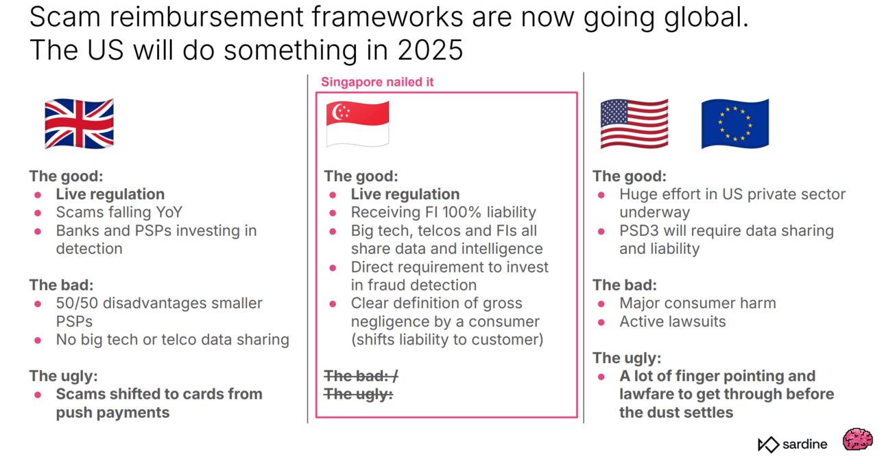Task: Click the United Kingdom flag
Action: pos(79,124)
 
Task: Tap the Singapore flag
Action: pos(357,124)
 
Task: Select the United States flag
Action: pos(634,124)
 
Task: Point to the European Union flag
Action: pos(735,124)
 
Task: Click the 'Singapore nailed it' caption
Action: pos(377,82)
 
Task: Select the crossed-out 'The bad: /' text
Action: pos(361,375)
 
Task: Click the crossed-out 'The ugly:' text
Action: pos(359,394)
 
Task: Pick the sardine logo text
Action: pos(804,444)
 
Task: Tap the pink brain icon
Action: pos(857,439)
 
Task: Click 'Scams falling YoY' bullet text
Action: pos(119,213)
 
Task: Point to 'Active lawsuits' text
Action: pos(673,321)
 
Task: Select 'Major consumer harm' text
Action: pos(697,303)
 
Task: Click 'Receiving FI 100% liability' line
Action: pos(444,213)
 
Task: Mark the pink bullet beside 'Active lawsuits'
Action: pos(601,323)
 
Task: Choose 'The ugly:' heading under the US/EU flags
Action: pos(627,358)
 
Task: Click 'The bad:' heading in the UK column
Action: pos(61,285)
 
